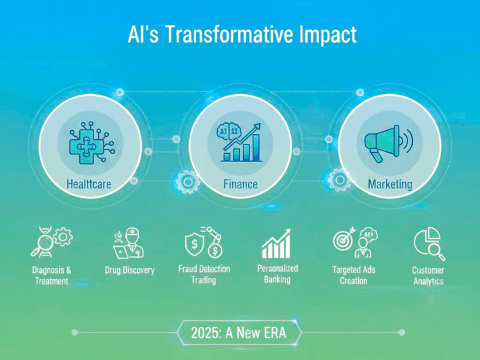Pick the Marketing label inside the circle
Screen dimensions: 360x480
click(390, 183)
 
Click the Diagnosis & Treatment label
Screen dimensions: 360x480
click(51, 275)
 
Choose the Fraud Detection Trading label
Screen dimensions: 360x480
click(204, 274)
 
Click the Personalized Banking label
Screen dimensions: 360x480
click(277, 274)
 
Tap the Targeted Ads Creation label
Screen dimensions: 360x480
click(353, 275)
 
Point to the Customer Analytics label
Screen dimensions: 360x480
click(428, 275)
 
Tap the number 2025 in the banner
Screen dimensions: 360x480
click(203, 332)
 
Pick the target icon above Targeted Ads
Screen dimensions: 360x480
click(343, 241)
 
